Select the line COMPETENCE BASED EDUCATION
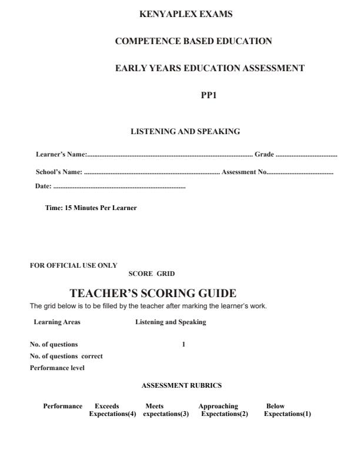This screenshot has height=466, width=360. (193, 41)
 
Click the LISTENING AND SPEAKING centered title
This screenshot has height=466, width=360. (185, 132)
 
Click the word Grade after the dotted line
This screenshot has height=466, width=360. (264, 155)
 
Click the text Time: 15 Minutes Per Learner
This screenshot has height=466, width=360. (91, 208)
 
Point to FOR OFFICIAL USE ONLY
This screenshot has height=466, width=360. (74, 265)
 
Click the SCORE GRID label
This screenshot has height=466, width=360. (151, 274)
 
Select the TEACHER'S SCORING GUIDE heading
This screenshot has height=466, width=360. (153, 293)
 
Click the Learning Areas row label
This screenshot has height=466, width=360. (57, 322)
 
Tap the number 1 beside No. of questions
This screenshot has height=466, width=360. (184, 344)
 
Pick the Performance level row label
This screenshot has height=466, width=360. (57, 368)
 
